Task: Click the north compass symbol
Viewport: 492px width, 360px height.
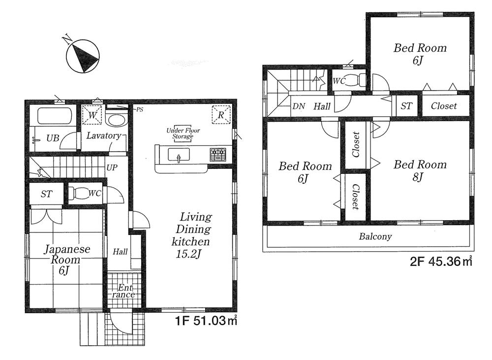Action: (x=83, y=55)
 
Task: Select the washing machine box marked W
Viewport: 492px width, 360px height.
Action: (x=92, y=115)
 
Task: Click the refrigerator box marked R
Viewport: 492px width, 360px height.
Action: (x=221, y=114)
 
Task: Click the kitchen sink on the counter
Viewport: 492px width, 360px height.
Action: (x=178, y=156)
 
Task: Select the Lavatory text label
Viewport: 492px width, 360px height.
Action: (x=104, y=135)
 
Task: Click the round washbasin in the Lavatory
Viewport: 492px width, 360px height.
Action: (x=117, y=119)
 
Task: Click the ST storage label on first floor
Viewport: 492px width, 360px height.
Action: (x=46, y=194)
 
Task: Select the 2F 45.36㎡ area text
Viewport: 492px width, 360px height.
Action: (x=442, y=262)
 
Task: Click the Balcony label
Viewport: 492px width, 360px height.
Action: (x=375, y=236)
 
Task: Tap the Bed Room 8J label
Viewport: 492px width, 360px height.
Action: (x=420, y=170)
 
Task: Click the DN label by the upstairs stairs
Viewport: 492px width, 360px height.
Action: (x=298, y=105)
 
